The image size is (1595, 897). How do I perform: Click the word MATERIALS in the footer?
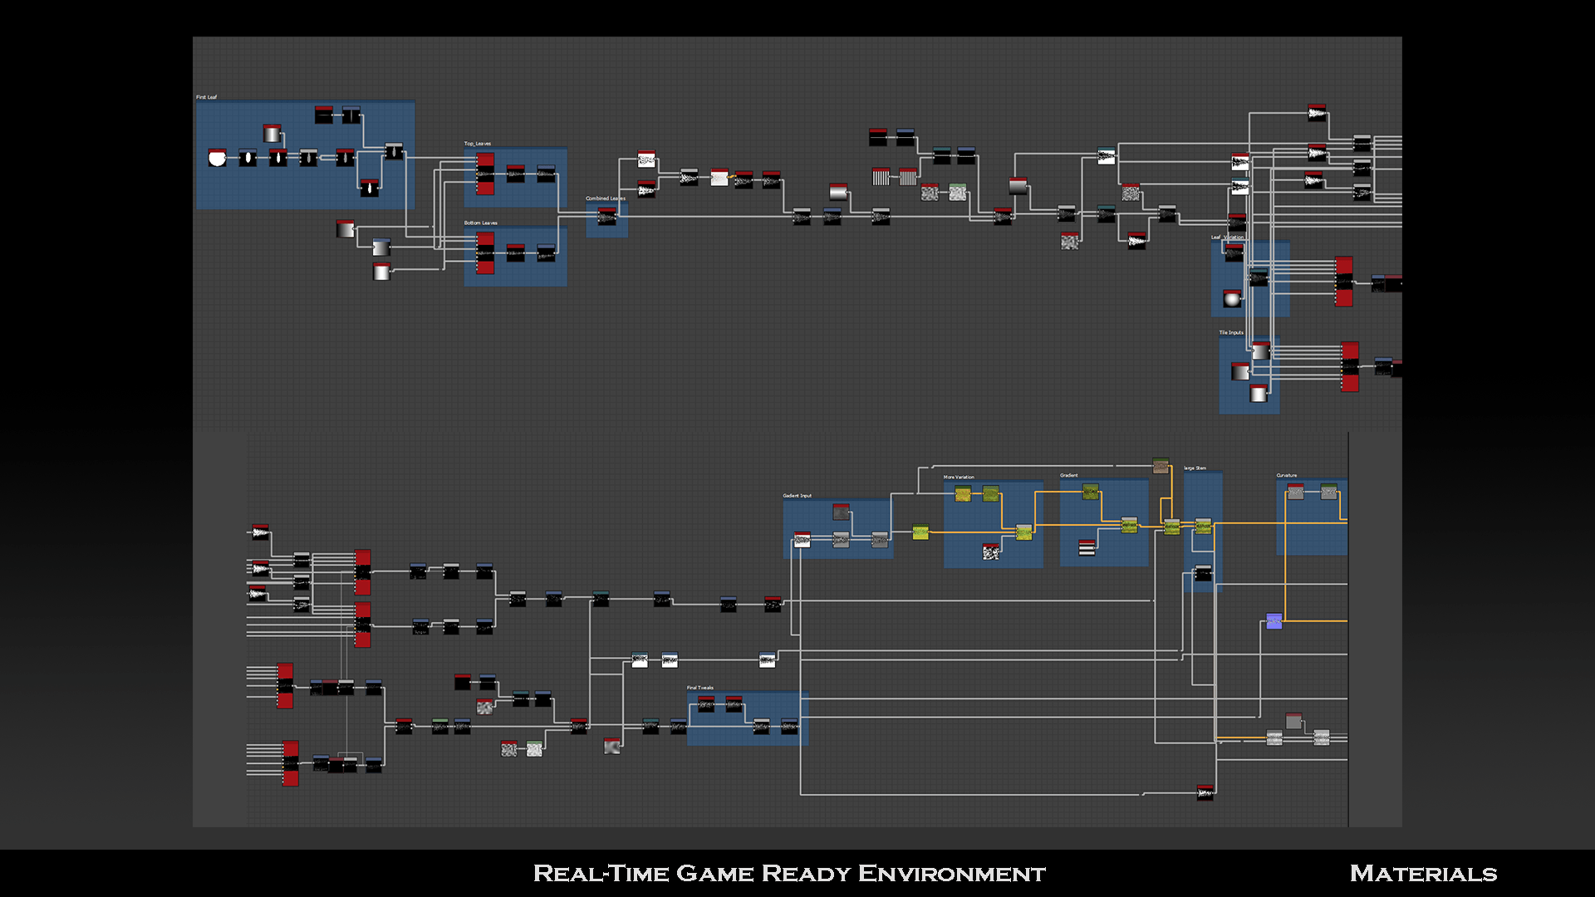(1423, 874)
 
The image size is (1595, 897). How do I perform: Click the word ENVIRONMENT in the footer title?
(951, 874)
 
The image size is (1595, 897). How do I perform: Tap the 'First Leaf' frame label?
(206, 97)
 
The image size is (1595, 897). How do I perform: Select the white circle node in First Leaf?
(217, 158)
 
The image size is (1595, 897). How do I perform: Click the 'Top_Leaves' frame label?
(477, 144)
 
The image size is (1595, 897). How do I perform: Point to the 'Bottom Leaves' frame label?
(480, 223)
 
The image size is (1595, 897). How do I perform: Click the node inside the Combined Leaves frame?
(607, 216)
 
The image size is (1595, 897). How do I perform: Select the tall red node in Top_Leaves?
(485, 174)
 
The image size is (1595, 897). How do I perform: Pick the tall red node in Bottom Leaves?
(485, 252)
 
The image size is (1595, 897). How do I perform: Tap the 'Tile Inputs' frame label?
(1231, 332)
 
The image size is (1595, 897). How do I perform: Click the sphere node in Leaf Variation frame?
(1232, 298)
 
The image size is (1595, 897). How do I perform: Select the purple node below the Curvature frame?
(1274, 620)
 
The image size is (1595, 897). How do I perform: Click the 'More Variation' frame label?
(959, 478)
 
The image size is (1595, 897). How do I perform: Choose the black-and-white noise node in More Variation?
(990, 551)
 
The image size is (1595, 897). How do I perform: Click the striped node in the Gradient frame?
(1087, 547)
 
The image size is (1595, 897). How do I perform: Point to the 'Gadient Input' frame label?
(797, 496)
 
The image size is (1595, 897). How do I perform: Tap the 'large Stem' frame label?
(1195, 468)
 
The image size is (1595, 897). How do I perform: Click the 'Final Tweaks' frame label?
(699, 688)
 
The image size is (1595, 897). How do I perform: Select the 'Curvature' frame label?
(1286, 476)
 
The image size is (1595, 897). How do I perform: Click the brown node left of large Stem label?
(1161, 465)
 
